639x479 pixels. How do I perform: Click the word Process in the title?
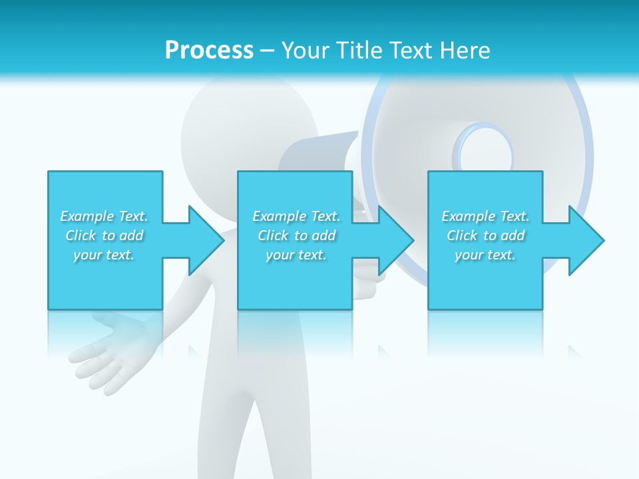209,51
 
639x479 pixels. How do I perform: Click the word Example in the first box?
87,216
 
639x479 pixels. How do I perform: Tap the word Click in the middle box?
273,236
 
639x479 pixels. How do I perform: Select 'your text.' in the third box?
485,255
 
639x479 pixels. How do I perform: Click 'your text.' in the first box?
104,255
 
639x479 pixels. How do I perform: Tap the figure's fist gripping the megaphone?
369,279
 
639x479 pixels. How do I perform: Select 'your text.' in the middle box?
296,255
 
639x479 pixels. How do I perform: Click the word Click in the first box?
81,236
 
